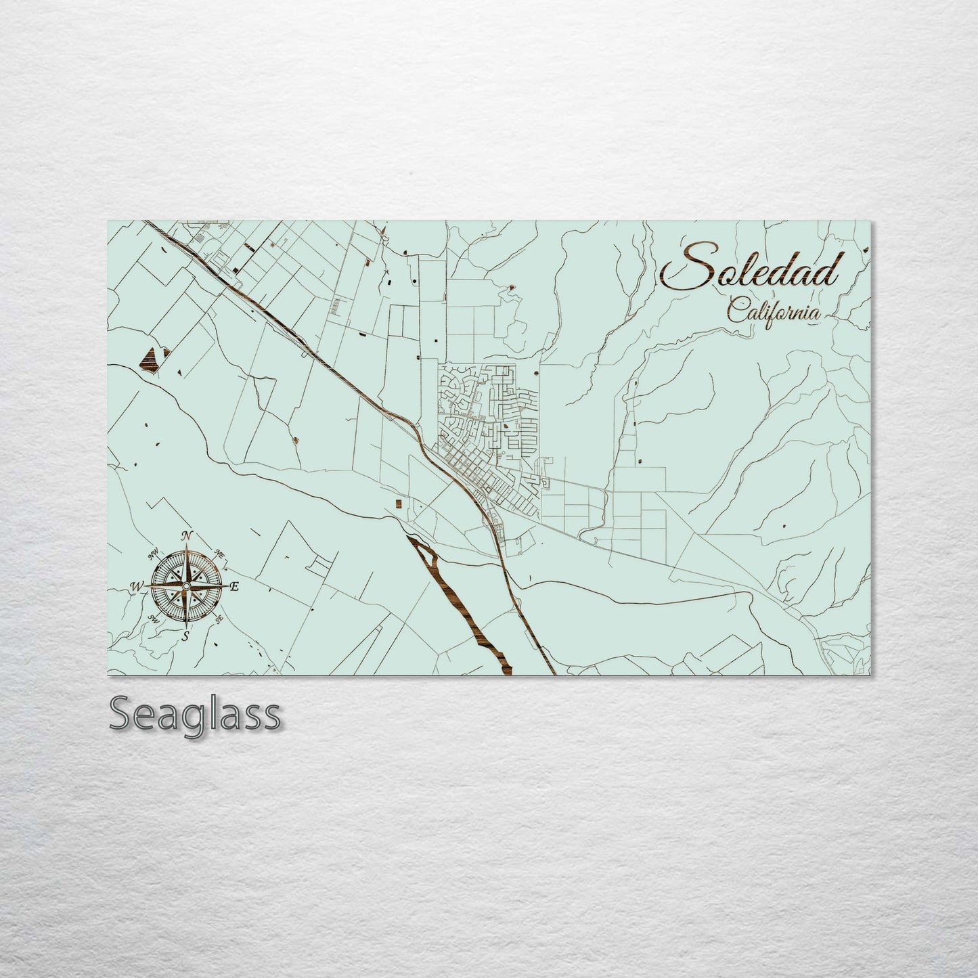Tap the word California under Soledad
(x=774, y=312)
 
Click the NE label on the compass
(x=219, y=554)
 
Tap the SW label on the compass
(x=154, y=618)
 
